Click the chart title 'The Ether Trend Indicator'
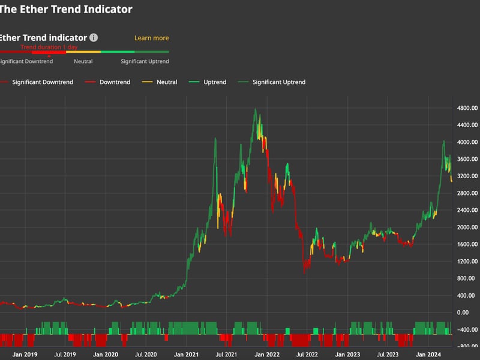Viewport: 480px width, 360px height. click(66, 10)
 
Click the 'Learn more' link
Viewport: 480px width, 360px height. click(151, 38)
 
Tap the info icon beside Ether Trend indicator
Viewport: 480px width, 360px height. click(94, 38)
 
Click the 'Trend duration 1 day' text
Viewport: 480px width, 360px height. click(49, 47)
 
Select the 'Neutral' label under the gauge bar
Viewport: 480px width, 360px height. click(83, 61)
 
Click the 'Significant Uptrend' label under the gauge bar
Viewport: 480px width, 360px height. click(145, 61)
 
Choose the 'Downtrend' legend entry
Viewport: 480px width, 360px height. click(114, 82)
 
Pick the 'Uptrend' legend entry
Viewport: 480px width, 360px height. click(214, 82)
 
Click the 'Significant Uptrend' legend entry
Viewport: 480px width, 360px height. click(278, 82)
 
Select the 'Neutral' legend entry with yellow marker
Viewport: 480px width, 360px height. click(166, 82)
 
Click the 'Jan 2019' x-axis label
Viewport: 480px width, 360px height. click(25, 355)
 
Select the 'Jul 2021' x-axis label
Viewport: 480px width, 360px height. click(226, 355)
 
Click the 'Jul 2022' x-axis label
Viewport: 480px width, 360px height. click(307, 355)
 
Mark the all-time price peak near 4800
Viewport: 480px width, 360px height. click(255, 109)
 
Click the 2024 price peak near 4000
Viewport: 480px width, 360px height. click(443, 141)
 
